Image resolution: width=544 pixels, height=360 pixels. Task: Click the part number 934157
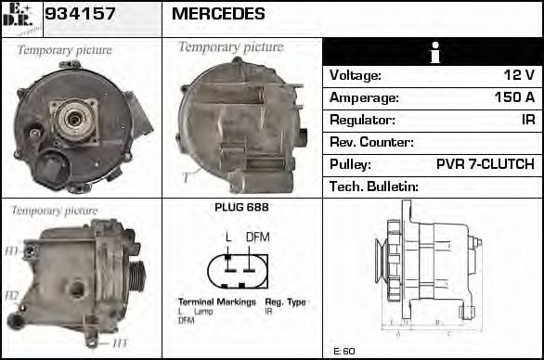(x=80, y=14)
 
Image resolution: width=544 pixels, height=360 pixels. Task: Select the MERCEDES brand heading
(x=218, y=14)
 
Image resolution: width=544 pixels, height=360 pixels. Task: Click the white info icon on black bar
(x=433, y=52)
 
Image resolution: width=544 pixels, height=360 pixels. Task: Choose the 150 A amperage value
(x=514, y=97)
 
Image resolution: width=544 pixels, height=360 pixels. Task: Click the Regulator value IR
(x=527, y=120)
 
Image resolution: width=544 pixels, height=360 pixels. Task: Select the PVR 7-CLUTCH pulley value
(x=485, y=164)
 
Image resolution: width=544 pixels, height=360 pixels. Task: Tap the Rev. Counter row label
(x=371, y=142)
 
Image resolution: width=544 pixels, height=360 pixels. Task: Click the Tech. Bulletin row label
(x=374, y=186)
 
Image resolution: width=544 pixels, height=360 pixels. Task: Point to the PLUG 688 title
(x=241, y=207)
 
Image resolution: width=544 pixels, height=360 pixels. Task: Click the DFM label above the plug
(x=257, y=237)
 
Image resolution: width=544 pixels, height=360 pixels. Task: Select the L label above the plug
(x=228, y=237)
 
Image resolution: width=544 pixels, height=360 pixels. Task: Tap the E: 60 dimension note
(x=343, y=352)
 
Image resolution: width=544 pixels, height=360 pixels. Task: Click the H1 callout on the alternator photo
(x=12, y=251)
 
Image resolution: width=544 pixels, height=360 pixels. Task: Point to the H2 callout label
(x=12, y=296)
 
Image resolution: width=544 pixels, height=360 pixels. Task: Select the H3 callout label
(x=121, y=343)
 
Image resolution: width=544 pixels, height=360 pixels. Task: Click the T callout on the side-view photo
(x=186, y=175)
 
